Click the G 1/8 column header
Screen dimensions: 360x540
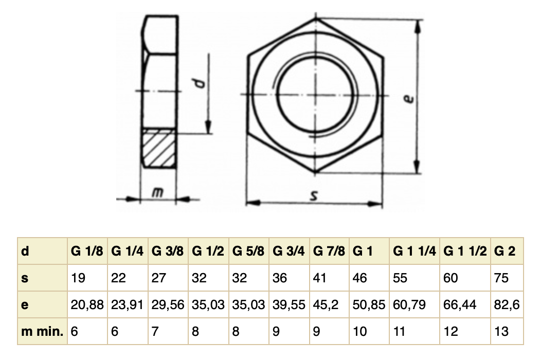[x=87, y=252]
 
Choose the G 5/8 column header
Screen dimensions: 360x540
[x=248, y=252]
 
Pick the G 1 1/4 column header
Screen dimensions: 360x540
[x=415, y=252]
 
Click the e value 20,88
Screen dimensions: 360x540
[x=87, y=305]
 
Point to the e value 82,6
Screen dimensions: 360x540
[x=507, y=305]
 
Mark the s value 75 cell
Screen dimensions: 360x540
[x=501, y=278]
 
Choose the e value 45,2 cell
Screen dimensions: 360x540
[x=326, y=305]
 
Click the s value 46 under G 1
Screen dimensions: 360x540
[x=361, y=278]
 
